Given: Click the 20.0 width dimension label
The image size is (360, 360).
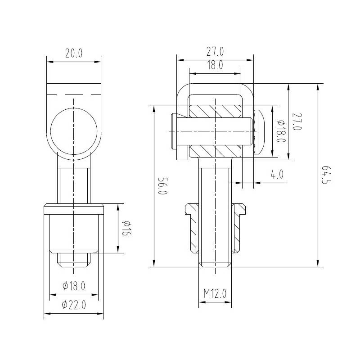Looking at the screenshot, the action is tap(74, 53).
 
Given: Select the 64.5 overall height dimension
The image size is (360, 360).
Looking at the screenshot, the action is tap(326, 175).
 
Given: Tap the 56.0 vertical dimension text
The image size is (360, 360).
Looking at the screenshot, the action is tap(163, 186).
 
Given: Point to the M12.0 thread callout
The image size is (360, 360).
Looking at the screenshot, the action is tap(215, 293).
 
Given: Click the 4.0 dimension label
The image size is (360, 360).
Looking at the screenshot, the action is tap(277, 175).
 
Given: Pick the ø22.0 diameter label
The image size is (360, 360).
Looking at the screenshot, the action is tap(74, 305).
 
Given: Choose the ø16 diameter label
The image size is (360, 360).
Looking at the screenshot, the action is tap(127, 228).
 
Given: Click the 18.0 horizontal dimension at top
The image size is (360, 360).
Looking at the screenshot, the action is tap(215, 65).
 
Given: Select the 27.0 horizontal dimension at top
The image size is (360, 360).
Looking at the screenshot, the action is tap(215, 51).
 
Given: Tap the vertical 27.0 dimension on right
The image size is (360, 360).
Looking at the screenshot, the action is tap(297, 121).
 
